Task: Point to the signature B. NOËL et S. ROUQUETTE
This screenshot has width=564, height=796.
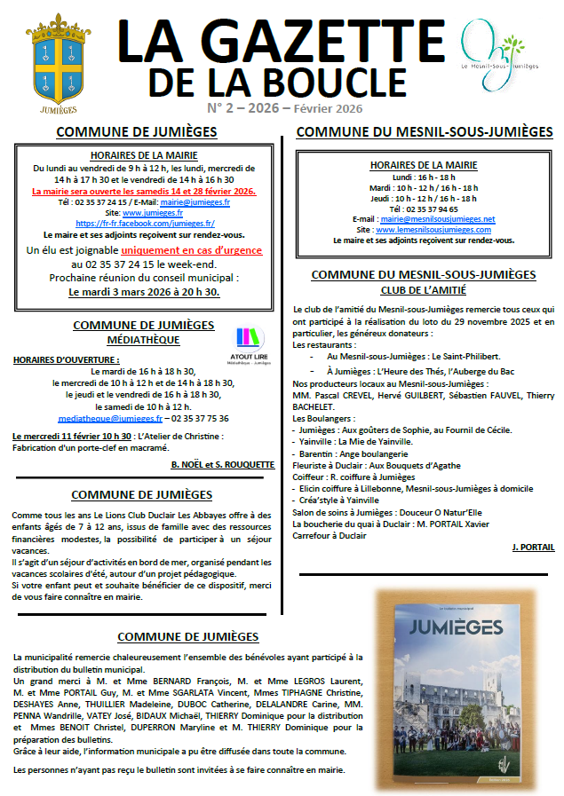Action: coord(222,463)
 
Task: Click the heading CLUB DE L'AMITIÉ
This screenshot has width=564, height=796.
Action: coord(424,289)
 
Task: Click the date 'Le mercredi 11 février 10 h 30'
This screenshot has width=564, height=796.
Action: coord(71,437)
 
